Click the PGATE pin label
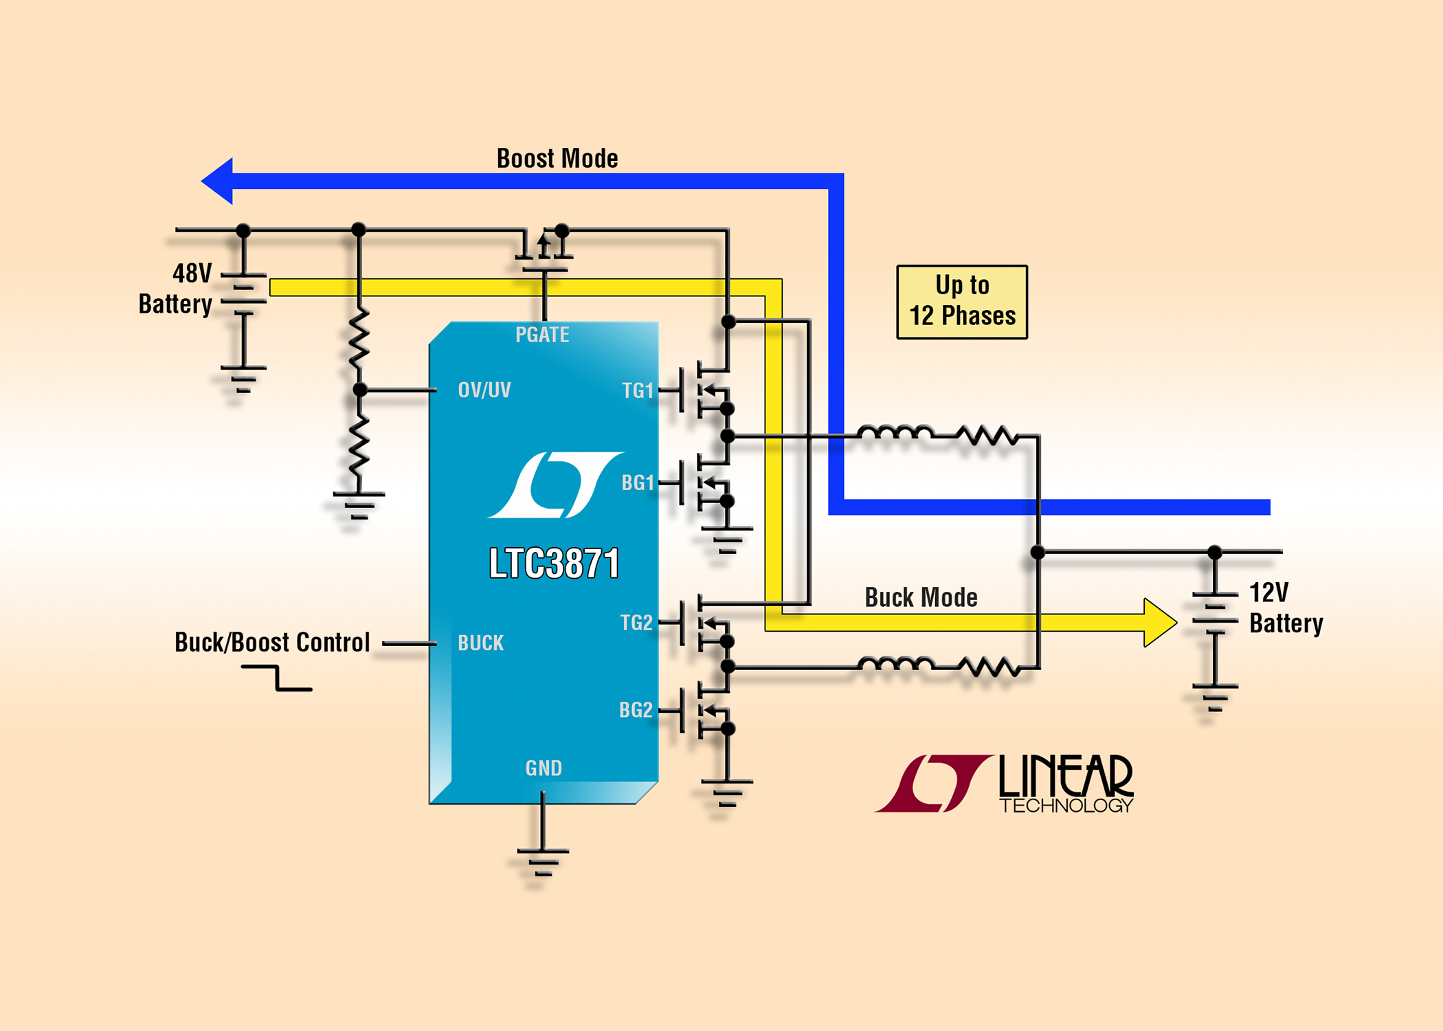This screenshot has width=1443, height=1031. [542, 335]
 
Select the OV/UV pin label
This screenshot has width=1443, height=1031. [484, 390]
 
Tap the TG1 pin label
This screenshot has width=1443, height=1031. [638, 390]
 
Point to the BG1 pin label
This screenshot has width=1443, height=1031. [638, 483]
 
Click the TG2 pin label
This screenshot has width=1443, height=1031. [636, 623]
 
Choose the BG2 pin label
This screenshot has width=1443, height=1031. [636, 710]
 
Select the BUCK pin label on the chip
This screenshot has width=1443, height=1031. [481, 643]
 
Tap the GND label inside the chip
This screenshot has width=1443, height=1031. [544, 768]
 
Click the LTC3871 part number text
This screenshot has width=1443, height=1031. [554, 564]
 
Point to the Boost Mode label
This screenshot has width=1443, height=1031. [557, 159]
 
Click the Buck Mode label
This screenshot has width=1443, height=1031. [921, 597]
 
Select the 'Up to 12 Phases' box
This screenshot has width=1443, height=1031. [962, 302]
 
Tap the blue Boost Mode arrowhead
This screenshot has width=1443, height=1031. [217, 181]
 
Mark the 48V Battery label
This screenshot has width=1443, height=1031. [176, 289]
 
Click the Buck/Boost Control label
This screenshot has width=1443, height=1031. [272, 643]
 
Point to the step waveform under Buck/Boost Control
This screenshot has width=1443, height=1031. [277, 677]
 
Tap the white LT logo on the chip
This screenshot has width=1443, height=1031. [555, 485]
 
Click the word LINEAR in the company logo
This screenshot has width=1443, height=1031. [1066, 776]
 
